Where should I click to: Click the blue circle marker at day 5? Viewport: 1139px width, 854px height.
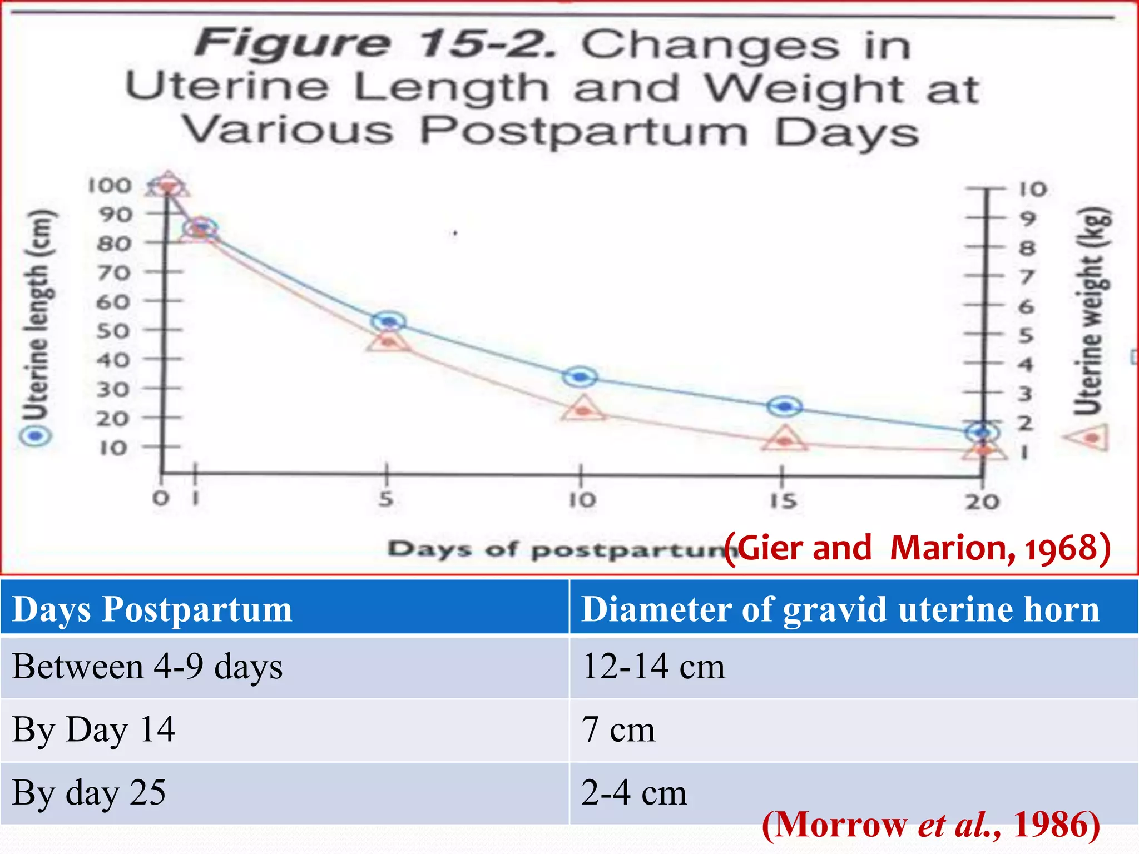(x=389, y=321)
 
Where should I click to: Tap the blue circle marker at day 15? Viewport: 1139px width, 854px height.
(x=785, y=406)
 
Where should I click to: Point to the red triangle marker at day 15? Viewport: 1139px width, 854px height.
(x=785, y=440)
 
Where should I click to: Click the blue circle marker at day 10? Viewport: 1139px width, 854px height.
(x=580, y=377)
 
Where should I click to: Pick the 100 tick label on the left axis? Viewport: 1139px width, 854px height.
(x=110, y=186)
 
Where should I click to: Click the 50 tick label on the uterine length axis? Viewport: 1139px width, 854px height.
(x=113, y=331)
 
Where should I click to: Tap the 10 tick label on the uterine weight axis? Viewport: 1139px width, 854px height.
(x=1033, y=189)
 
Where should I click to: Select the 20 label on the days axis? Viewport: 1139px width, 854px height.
(x=982, y=502)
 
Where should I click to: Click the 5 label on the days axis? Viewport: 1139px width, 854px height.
(x=387, y=499)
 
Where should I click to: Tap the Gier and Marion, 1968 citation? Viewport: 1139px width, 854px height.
(x=918, y=548)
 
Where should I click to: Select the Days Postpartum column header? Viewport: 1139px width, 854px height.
(x=152, y=609)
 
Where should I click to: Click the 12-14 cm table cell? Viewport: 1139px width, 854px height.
(x=653, y=666)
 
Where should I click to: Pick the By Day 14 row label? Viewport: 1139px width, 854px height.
(x=93, y=729)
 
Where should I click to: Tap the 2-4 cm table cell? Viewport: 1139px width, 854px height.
(x=634, y=792)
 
